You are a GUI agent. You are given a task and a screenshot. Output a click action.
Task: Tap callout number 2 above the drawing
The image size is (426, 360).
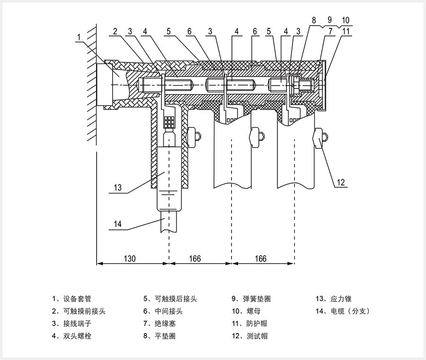115,32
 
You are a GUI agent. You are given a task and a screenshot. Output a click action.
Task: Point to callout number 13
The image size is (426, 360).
118,187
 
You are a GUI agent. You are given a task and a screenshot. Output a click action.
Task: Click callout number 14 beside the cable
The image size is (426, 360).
118,224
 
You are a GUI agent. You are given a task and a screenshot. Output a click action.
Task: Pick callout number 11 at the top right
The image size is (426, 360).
346,32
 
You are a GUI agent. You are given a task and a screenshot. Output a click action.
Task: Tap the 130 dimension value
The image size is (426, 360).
130,259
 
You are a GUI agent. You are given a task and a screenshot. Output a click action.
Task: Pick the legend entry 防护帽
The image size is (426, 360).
256,324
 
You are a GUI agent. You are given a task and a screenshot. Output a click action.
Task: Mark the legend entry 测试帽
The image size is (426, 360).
256,336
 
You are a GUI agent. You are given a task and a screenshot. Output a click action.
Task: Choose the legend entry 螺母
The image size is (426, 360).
253,311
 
